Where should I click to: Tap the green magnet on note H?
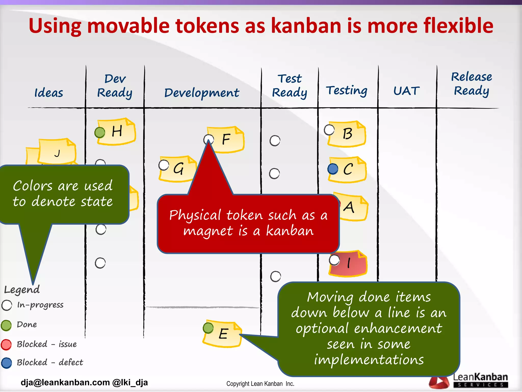click(100, 132)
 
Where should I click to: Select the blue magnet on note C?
click(333, 169)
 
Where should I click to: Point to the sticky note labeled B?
click(348, 134)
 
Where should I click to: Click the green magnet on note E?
click(208, 328)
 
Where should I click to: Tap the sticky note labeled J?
click(58, 152)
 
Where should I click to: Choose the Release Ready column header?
click(471, 84)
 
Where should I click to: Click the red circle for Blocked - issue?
click(6, 345)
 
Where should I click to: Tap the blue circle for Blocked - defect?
click(6, 363)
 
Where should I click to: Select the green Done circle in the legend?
click(6, 325)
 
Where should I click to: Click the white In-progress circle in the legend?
click(7, 305)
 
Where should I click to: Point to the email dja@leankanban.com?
click(65, 383)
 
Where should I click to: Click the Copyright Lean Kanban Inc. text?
click(260, 384)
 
